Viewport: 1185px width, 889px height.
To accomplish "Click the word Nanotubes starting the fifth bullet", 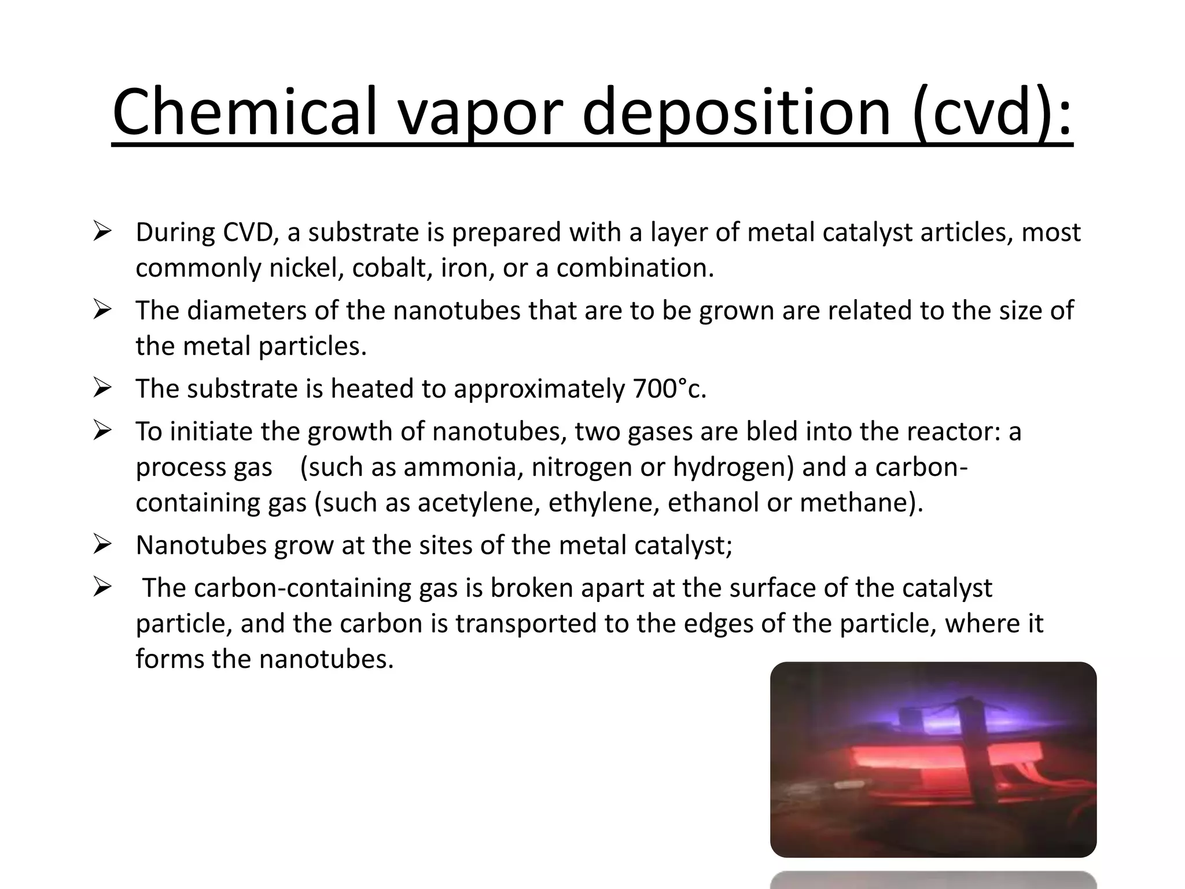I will point(201,545).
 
